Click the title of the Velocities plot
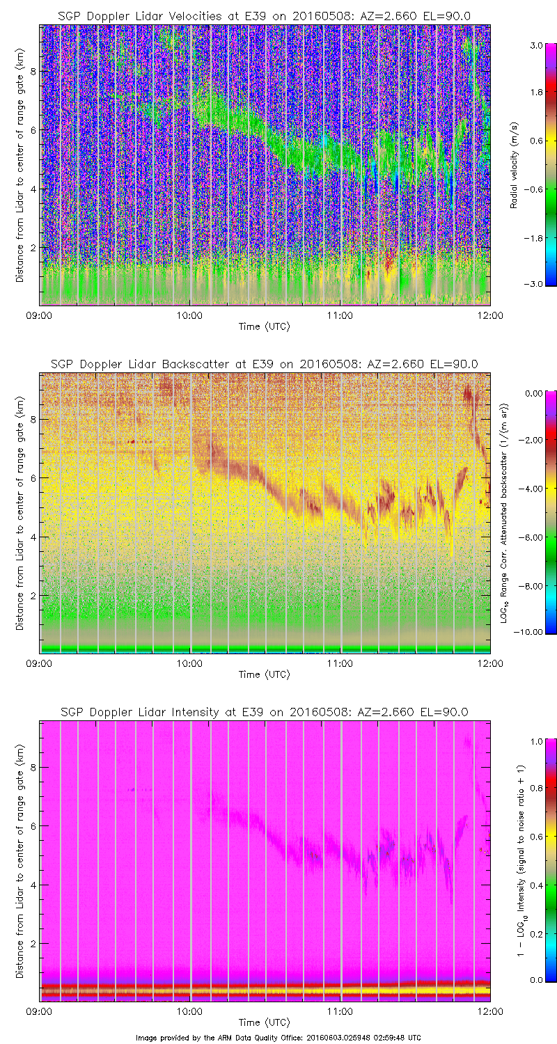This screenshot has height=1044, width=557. (265, 16)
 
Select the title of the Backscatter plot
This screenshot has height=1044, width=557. (265, 364)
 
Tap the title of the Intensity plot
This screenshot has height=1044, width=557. (265, 712)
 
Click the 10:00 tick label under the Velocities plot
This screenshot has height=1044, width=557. (189, 315)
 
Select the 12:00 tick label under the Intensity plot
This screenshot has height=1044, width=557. (490, 1011)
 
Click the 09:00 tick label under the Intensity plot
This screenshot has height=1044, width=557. (39, 1011)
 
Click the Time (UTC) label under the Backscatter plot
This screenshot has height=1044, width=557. (265, 674)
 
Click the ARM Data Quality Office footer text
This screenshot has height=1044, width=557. (278, 1038)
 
